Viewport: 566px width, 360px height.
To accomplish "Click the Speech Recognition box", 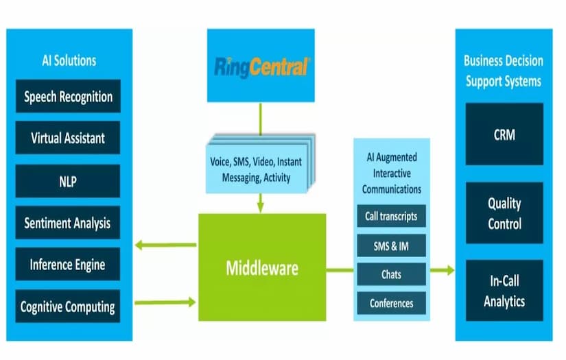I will [x=68, y=96].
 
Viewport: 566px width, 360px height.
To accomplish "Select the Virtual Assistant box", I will [x=68, y=138].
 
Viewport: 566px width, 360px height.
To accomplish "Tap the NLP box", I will [x=68, y=180].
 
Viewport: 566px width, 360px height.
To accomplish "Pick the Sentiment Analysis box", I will [x=68, y=223].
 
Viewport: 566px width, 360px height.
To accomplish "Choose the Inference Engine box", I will [x=68, y=264].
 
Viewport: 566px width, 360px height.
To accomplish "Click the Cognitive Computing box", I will [x=68, y=306].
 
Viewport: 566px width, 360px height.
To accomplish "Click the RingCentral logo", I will [x=261, y=67].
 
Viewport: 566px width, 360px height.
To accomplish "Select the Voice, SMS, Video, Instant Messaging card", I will [x=255, y=169].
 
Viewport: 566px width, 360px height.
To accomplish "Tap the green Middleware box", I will [x=261, y=267].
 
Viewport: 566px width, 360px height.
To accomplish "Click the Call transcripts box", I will [x=391, y=216].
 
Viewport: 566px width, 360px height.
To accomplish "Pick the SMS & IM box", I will [x=391, y=245].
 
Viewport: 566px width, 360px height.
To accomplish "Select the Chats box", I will [x=391, y=274].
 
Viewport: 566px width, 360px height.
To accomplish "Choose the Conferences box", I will [x=391, y=303].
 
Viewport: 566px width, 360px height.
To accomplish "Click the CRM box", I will [x=504, y=134].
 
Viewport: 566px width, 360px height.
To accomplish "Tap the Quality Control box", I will [x=504, y=213].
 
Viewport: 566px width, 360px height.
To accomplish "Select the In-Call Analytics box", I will [x=504, y=291].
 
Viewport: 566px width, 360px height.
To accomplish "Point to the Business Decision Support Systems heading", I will [x=504, y=71].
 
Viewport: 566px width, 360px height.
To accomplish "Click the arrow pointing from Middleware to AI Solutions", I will [x=165, y=245].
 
